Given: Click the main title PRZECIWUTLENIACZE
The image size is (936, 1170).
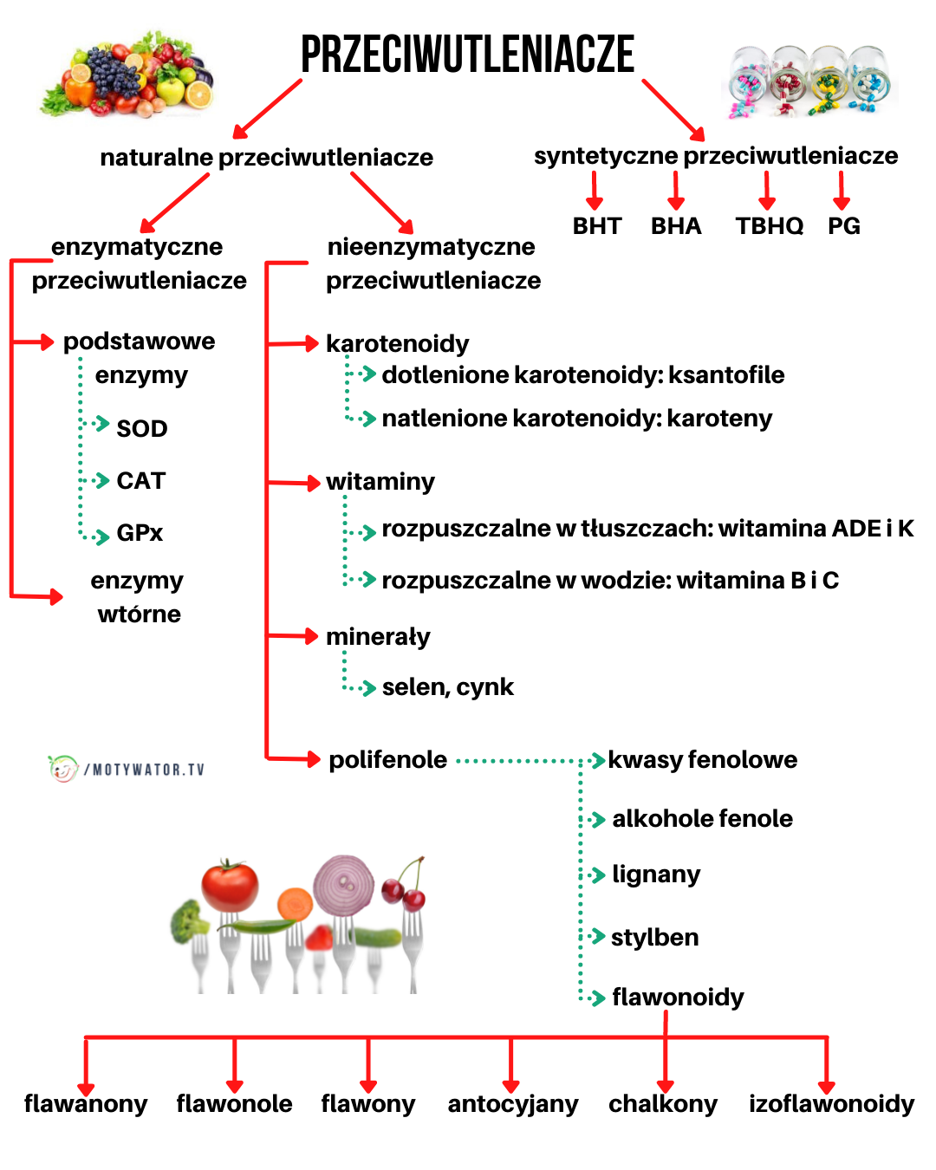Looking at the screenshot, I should click(x=467, y=55).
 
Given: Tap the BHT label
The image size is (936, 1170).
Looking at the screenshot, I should click(x=597, y=226).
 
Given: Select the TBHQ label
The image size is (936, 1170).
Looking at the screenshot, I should click(x=769, y=226).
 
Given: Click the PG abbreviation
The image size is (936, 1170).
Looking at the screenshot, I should click(x=843, y=226).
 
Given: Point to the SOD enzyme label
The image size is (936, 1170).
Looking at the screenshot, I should click(x=142, y=429).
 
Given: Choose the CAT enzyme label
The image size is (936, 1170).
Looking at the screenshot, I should click(x=141, y=481).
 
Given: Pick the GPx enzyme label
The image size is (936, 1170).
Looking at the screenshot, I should click(x=140, y=533).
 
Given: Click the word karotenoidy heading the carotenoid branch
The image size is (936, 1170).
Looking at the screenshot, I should click(x=397, y=344).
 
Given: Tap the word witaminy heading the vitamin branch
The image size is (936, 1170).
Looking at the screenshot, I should click(x=380, y=482).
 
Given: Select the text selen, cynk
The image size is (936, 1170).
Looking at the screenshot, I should click(x=447, y=687).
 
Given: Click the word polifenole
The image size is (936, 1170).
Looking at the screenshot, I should click(x=387, y=760).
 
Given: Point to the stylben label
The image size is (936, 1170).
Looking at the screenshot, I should click(x=654, y=938).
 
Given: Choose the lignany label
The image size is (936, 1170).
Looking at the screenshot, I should click(x=656, y=874).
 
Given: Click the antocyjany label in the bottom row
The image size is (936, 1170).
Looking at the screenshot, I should click(x=512, y=1104).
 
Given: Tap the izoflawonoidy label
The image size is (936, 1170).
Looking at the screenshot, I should click(x=831, y=1104).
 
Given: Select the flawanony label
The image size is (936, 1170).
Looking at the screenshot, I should click(x=86, y=1104).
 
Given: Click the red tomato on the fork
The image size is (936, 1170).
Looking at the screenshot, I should click(x=230, y=886).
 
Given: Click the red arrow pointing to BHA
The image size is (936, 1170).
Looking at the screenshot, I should click(x=676, y=191).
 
